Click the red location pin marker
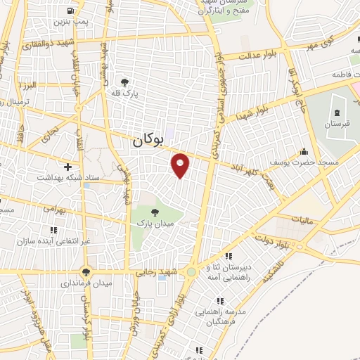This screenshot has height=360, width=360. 181,165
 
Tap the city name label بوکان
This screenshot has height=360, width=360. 147,141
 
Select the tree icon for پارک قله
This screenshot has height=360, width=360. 125,82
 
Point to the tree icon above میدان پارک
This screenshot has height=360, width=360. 155,210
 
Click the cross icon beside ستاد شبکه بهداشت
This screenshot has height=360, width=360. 67,167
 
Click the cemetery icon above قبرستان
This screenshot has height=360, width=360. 337,112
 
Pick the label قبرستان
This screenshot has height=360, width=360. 336,124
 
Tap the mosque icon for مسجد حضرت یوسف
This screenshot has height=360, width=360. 304,151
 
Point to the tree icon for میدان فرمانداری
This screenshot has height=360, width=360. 86,271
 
